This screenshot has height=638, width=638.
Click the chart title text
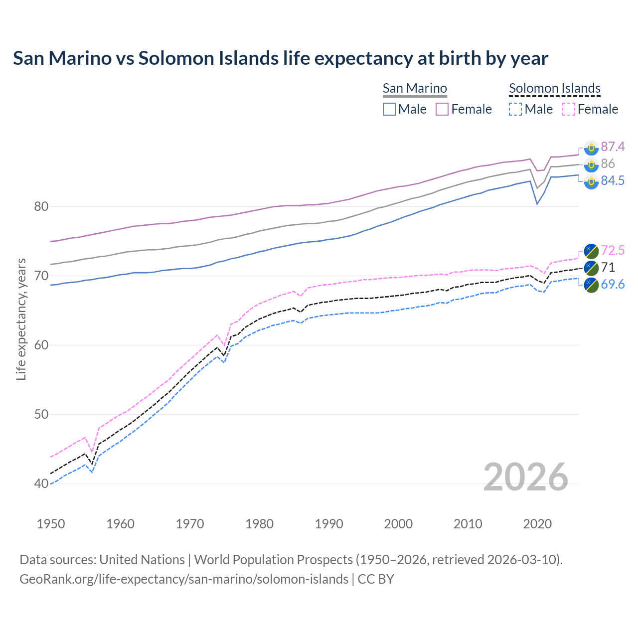click(x=281, y=58)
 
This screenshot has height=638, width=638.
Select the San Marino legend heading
click(x=415, y=88)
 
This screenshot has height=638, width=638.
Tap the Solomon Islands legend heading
click(x=555, y=88)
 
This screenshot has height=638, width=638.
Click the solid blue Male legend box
click(x=389, y=109)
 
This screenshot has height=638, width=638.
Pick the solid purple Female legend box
click(x=442, y=109)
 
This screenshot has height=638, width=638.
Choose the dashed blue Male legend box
click(x=515, y=109)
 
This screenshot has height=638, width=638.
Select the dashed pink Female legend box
click(x=569, y=109)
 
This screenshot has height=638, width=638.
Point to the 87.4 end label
click(x=613, y=147)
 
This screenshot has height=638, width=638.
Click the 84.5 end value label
click(x=613, y=180)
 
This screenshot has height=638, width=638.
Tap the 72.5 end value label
click(x=613, y=250)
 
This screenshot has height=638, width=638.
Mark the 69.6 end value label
click(x=613, y=284)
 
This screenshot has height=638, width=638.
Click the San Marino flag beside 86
click(x=591, y=164)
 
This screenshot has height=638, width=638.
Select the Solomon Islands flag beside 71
click(x=591, y=268)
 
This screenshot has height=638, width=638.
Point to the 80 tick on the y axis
click(x=41, y=206)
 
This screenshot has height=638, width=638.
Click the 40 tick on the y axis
click(x=41, y=483)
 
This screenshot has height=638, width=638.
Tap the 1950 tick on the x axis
click(x=51, y=524)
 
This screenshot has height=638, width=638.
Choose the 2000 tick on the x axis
click(x=398, y=524)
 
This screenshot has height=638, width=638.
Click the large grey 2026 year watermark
click(x=526, y=477)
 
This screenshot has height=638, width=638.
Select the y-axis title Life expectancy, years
click(x=21, y=319)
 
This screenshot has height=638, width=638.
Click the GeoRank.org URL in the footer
click(x=184, y=579)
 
